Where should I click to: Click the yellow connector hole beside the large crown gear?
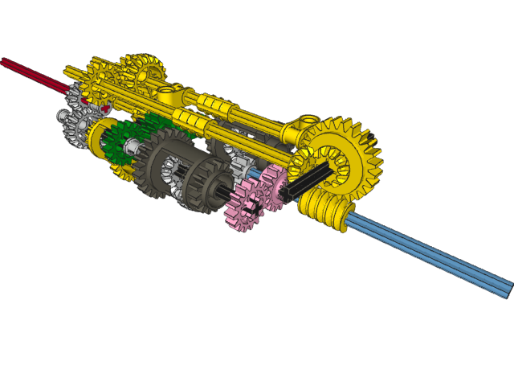[x=308, y=122]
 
